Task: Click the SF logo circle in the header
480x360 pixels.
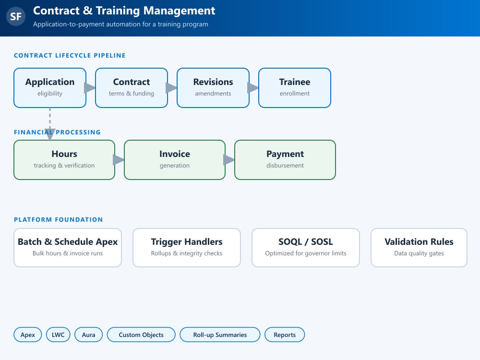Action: click(16, 16)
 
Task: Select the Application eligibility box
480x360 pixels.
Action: click(50, 88)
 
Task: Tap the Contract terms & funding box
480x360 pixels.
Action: click(132, 88)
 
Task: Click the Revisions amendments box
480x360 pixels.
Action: click(213, 88)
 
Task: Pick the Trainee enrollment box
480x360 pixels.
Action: click(295, 88)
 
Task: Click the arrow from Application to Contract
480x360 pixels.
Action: click(90, 88)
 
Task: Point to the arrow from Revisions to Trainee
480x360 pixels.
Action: click(253, 88)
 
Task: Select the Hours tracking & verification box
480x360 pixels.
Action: click(64, 160)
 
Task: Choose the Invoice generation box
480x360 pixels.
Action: click(175, 160)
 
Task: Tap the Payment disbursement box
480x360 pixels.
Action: click(285, 160)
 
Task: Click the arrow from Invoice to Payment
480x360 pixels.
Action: click(229, 160)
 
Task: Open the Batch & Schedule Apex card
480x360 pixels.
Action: click(68, 248)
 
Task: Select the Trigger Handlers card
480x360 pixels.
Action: click(187, 248)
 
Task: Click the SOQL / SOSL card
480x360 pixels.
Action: click(305, 248)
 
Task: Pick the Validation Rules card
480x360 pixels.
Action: click(419, 248)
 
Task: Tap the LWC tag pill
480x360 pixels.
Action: click(58, 335)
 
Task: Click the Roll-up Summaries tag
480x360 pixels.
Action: click(220, 335)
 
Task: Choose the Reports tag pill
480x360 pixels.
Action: click(285, 335)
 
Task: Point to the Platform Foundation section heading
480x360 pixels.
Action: click(58, 219)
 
